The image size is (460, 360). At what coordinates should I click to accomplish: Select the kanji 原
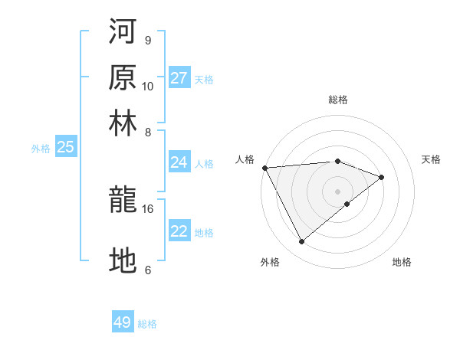tap(123, 77)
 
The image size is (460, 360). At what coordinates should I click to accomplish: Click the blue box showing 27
tap(179, 78)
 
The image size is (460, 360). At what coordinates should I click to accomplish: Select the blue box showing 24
tap(179, 162)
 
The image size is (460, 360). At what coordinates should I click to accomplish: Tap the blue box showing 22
tap(179, 231)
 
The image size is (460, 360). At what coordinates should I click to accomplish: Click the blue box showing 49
tap(123, 322)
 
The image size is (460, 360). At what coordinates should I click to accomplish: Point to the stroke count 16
tap(148, 208)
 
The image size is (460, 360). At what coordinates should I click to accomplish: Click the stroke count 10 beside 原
tap(148, 86)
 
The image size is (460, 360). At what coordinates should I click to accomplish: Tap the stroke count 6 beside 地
tap(148, 270)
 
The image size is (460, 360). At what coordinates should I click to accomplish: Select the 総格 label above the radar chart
tap(338, 100)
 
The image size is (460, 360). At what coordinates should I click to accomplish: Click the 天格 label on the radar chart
tap(431, 159)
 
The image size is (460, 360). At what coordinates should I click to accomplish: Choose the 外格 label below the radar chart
tap(270, 262)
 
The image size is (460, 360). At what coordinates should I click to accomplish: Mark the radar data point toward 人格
tap(264, 168)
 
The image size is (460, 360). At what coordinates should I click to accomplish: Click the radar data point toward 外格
tap(301, 242)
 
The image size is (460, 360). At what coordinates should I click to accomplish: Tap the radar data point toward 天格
tap(381, 177)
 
